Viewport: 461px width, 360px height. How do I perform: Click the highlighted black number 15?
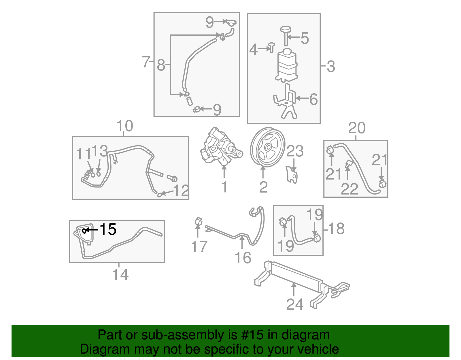tap(108, 229)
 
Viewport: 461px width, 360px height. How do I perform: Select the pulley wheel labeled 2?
tap(267, 147)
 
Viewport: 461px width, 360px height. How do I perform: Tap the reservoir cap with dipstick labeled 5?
tap(286, 35)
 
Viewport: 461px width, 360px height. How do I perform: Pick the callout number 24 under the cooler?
tap(295, 304)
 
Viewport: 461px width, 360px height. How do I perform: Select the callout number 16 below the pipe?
tap(243, 258)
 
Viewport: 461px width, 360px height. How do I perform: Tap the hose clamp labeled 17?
tap(198, 222)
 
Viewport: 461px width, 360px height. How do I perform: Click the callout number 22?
tap(349, 189)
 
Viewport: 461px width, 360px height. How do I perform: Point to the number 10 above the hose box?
tap(125, 126)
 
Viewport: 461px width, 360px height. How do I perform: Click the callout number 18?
tap(336, 229)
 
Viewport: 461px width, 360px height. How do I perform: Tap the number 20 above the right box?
tap(357, 128)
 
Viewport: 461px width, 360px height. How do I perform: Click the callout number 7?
tap(146, 62)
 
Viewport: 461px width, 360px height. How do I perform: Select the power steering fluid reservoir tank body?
tap(287, 65)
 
